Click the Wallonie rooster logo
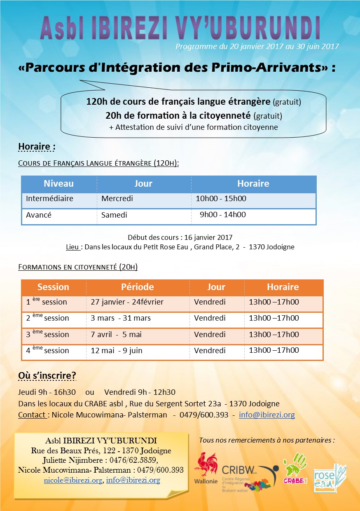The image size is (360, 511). tap(206, 468)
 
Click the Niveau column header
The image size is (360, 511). tap(58, 184)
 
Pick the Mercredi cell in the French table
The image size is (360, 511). tap(117, 199)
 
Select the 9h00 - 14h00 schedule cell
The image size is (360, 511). tap(223, 215)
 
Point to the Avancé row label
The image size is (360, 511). tap(39, 215)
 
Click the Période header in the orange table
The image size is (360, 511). tap(138, 287)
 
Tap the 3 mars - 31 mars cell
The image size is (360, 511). tap(121, 318)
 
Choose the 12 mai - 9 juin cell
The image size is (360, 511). tap(117, 351)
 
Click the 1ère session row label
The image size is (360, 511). tap(47, 302)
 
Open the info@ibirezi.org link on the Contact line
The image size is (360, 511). tap(267, 415)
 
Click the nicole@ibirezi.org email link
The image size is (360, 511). tap(73, 480)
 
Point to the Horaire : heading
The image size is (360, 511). tap(37, 147)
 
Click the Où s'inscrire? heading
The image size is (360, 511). tap(47, 376)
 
